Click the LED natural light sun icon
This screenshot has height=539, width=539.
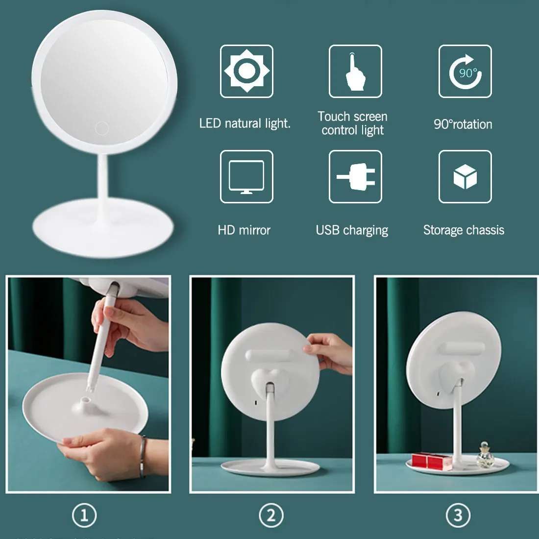(246, 71)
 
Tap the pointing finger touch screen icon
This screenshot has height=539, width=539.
(355, 71)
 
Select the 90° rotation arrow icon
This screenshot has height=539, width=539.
(465, 71)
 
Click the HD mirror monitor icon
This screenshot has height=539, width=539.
(246, 177)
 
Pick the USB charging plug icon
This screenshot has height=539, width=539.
(355, 177)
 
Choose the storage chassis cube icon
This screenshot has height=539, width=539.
(465, 177)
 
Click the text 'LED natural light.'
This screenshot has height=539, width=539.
(245, 123)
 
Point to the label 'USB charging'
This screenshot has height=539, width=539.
(352, 230)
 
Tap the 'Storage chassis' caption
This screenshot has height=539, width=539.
(464, 230)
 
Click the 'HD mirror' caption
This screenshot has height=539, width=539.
(244, 230)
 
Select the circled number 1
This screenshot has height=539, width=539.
(84, 515)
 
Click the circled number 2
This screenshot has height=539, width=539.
(271, 515)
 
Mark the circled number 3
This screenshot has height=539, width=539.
(458, 515)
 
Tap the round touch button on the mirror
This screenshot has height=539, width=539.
(102, 128)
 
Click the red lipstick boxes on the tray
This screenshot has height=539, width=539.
(431, 461)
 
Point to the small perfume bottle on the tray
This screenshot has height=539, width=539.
(486, 455)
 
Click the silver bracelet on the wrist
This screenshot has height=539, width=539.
(142, 457)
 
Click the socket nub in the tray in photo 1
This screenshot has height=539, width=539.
(86, 401)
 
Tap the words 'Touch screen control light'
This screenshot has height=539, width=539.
(352, 123)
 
